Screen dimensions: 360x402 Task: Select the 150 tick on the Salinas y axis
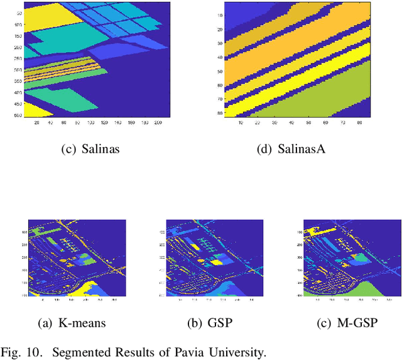pyautogui.click(x=17, y=36)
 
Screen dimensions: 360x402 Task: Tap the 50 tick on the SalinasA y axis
pyautogui.click(x=220, y=71)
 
